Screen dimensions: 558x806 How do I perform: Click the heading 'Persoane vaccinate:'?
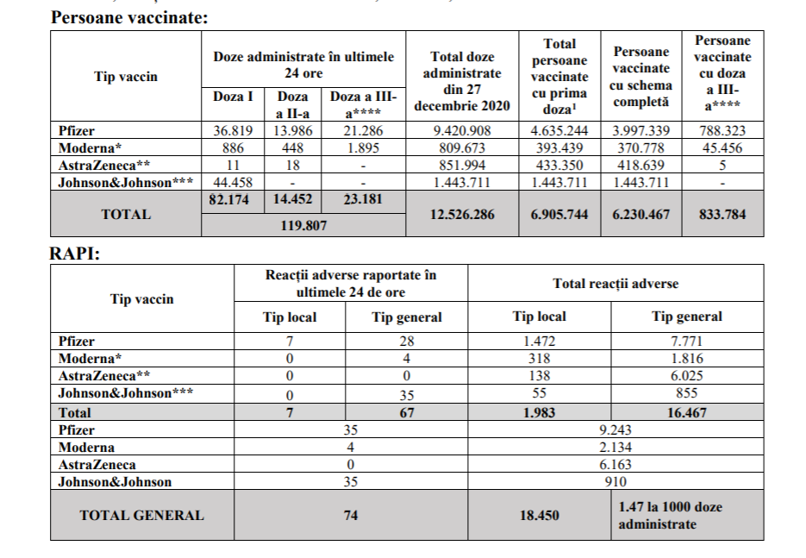point(130,16)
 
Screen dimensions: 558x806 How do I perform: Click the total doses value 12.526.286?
point(461,214)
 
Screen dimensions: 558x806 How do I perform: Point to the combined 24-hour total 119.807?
point(303,226)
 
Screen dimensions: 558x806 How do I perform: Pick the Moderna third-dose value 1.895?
point(363,147)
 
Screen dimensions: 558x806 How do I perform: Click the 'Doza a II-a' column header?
point(291,105)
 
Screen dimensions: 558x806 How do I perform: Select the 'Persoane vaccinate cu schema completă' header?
point(640,77)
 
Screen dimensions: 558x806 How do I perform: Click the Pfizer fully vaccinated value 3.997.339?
point(640,131)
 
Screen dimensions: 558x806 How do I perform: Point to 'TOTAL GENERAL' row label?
point(141,516)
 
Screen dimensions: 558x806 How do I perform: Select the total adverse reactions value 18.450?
point(539,516)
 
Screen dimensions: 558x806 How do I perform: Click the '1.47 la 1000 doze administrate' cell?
point(686,515)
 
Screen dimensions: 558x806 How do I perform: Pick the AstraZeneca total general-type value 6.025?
point(686,376)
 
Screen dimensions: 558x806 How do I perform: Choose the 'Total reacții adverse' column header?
point(615,283)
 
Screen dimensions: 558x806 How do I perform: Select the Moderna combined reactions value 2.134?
point(615,448)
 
